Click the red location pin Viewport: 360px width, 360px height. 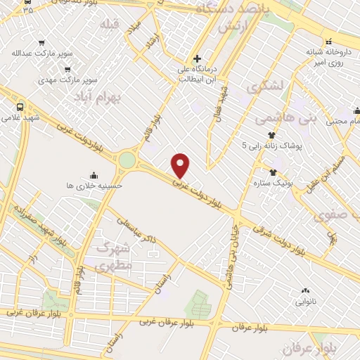tap(181, 165)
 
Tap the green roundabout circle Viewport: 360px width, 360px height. tap(127, 160)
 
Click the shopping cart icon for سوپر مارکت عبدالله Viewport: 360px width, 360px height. tap(41, 42)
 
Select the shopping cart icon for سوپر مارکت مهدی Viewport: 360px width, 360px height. tap(67, 70)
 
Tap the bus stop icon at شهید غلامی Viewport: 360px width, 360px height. tap(19, 107)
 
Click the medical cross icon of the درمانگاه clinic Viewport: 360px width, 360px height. tap(196, 58)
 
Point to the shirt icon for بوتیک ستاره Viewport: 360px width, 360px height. tap(274, 172)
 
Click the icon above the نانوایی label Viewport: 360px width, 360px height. tap(305, 290)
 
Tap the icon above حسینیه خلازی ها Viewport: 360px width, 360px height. tap(94, 175)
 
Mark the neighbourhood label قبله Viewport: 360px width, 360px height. tap(110, 26)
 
